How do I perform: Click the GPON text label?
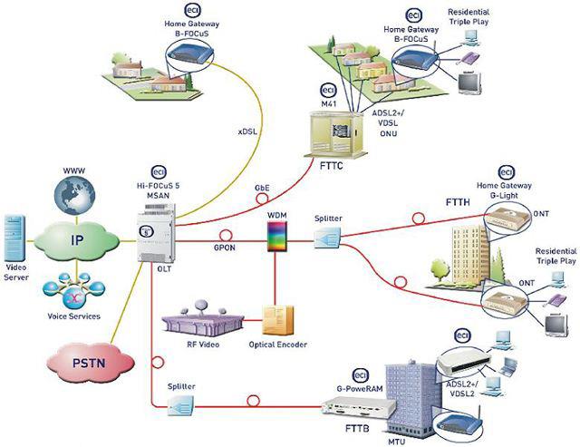[x=223, y=247]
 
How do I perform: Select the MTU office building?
[x=403, y=394]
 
